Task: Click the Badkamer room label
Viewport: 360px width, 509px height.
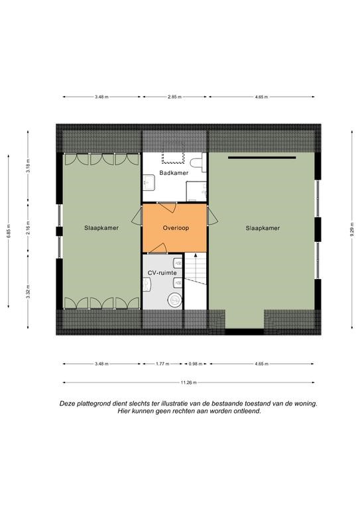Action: click(x=174, y=173)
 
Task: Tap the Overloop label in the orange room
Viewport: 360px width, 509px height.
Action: click(x=176, y=228)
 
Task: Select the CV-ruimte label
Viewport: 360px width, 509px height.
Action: click(x=162, y=272)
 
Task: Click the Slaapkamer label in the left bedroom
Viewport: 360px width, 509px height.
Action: click(x=101, y=228)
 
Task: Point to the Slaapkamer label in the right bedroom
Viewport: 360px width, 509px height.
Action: click(x=263, y=228)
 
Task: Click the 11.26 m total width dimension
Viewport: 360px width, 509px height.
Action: click(x=188, y=382)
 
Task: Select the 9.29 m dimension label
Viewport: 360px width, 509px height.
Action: click(x=352, y=229)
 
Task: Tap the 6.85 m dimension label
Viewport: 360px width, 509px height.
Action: click(x=9, y=231)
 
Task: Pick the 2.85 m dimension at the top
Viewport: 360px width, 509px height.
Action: click(x=174, y=97)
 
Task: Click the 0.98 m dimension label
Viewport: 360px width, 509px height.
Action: click(x=196, y=364)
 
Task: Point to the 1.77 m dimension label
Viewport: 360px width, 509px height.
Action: click(x=162, y=364)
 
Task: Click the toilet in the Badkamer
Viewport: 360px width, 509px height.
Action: click(x=198, y=163)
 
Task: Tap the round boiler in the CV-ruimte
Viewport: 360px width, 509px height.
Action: click(x=175, y=300)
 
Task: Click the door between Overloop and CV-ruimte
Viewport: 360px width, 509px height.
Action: click(x=157, y=249)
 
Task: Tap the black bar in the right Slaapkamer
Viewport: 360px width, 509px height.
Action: click(x=262, y=158)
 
